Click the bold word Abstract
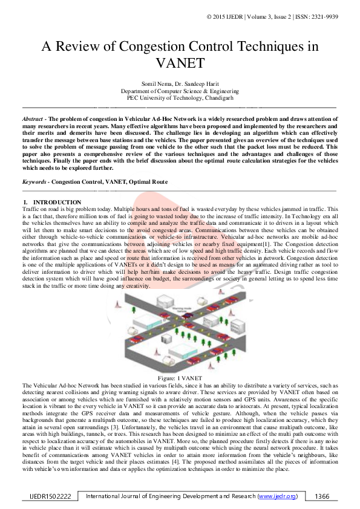[32, 120]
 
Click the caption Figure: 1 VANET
[180, 378]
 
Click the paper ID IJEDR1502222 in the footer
[50, 496]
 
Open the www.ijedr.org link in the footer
[277, 496]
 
